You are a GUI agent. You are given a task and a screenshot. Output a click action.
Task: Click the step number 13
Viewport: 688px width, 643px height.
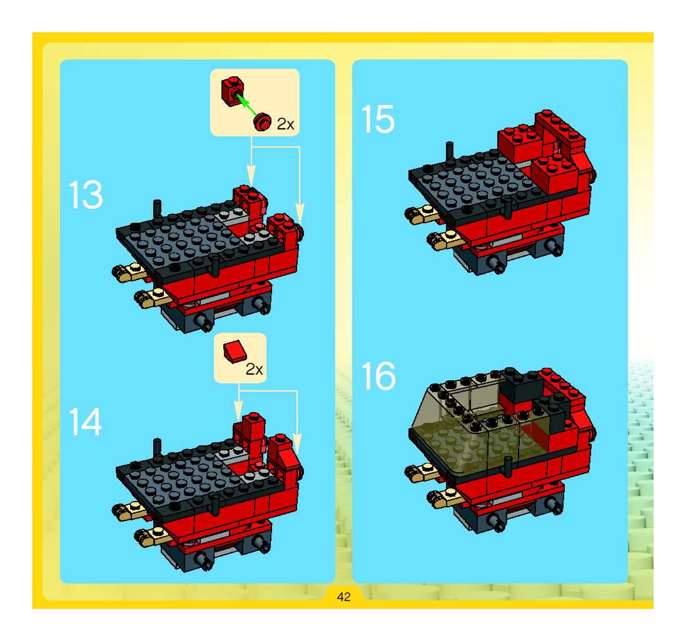coord(86,195)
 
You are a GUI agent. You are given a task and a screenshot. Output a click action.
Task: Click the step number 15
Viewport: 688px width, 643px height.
coord(377,119)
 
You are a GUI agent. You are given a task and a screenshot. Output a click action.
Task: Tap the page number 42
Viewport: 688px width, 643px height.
coord(344,597)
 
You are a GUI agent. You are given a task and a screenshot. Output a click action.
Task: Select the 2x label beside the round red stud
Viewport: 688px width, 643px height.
coord(286,124)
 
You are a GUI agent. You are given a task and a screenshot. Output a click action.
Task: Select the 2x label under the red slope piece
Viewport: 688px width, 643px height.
coord(254,370)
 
